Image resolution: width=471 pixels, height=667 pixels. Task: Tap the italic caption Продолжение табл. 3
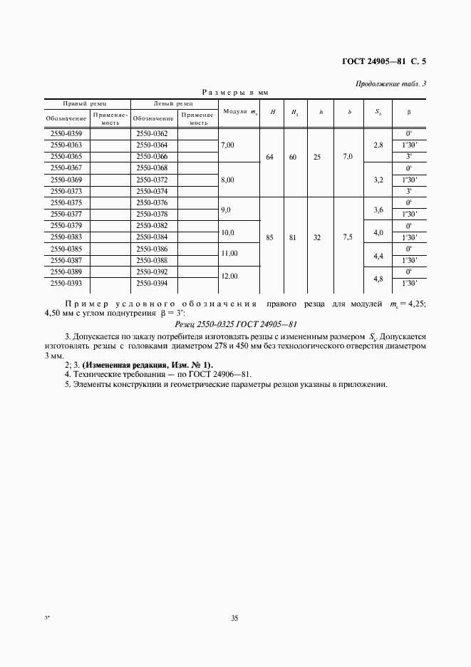point(390,84)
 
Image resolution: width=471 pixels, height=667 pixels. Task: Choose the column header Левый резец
point(173,103)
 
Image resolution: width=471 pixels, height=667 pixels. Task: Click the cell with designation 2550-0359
point(66,134)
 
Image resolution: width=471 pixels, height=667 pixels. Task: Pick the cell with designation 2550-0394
point(151,283)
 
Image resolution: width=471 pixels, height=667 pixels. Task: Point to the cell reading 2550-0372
point(151,180)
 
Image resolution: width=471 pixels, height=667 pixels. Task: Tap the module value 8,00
point(228,180)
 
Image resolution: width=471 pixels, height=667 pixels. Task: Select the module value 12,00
point(229,276)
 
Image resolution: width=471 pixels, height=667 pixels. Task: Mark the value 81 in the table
point(292,239)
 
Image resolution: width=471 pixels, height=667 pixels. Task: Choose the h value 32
point(317,239)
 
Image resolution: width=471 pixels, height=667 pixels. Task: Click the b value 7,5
point(348,239)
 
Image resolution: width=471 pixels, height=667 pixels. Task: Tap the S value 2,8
point(378,145)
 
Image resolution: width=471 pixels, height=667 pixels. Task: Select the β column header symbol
point(409,112)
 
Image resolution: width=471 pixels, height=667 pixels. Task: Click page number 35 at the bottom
point(234,618)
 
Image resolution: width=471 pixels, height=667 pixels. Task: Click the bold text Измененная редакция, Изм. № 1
point(147,364)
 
